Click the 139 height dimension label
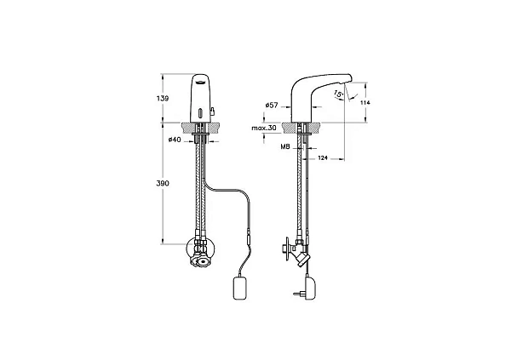[x=163, y=98]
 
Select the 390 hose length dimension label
[x=163, y=184]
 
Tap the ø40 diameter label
[x=175, y=140]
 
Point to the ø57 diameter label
[x=272, y=105]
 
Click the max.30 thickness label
[x=264, y=128]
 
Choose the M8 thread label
[x=285, y=147]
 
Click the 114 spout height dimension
[x=365, y=102]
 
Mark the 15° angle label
[x=339, y=94]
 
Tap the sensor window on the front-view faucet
[x=200, y=114]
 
